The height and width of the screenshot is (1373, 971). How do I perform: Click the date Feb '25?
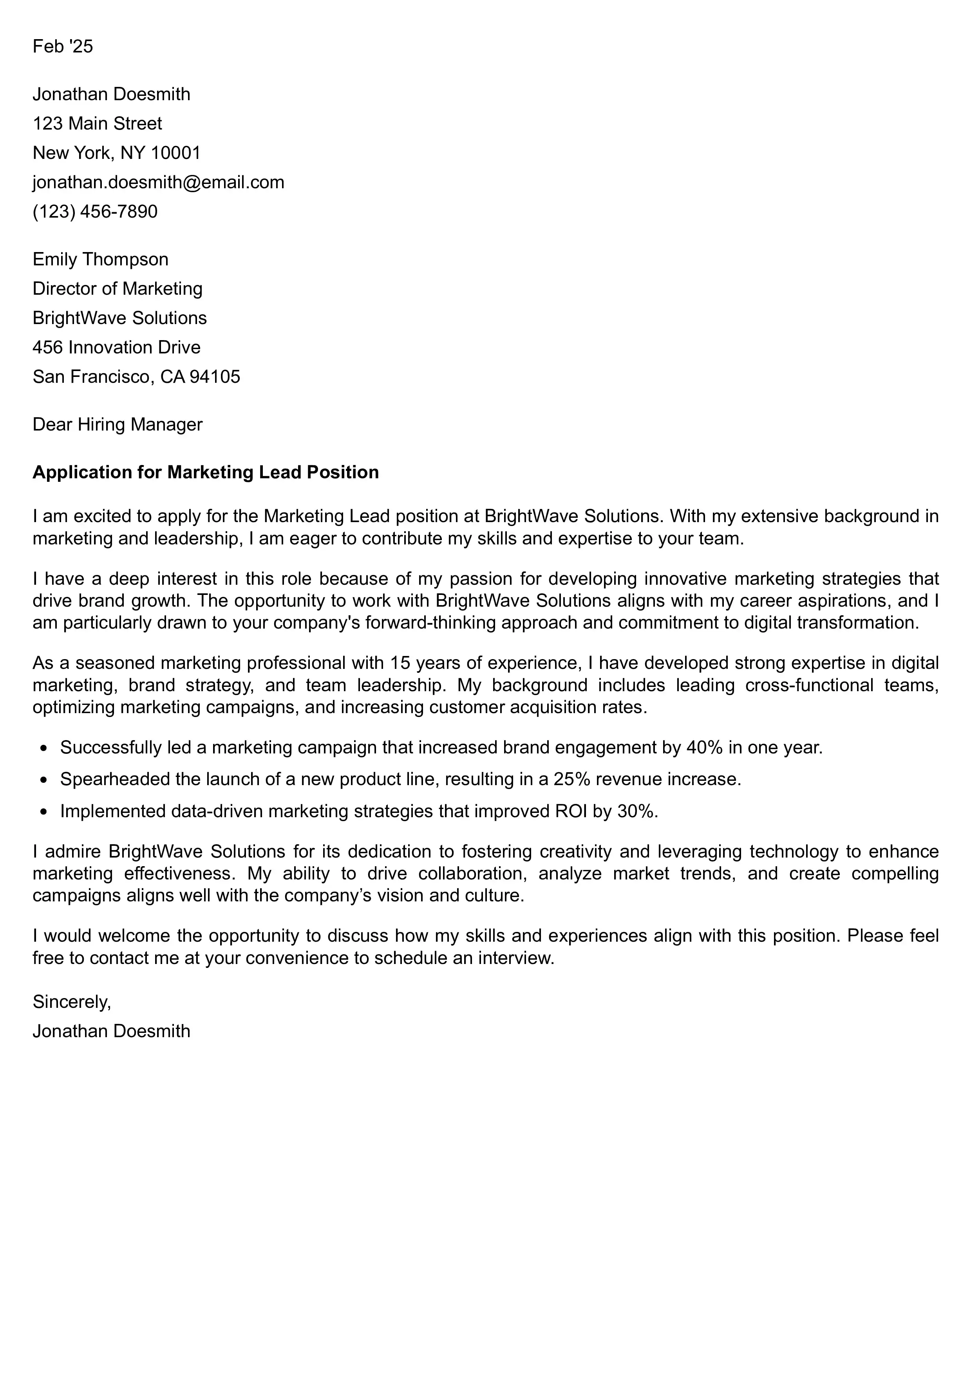tap(63, 47)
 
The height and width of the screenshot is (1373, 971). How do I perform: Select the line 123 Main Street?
tap(97, 123)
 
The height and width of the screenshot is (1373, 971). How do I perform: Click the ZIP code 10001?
tap(175, 153)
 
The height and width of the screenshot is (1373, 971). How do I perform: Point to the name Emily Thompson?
tap(101, 259)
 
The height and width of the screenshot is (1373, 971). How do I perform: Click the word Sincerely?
tap(72, 1001)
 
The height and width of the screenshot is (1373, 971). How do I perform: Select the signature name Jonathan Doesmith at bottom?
tap(111, 1031)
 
